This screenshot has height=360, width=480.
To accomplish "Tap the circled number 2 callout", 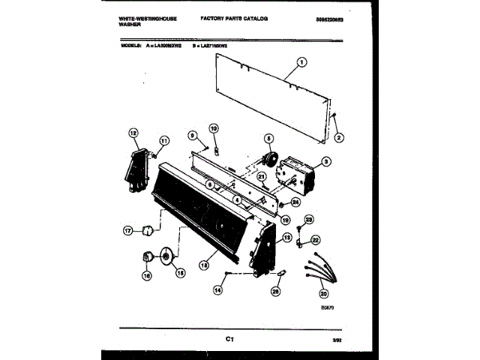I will pyautogui.click(x=338, y=138).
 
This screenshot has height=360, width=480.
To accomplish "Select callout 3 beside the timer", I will pyautogui.click(x=326, y=160).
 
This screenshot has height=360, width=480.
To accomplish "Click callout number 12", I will pyautogui.click(x=134, y=135).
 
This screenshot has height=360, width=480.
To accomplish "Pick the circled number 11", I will pyautogui.click(x=164, y=139).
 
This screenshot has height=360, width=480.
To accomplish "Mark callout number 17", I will pyautogui.click(x=128, y=231).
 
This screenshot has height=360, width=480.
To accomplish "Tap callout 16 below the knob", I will pyautogui.click(x=146, y=276).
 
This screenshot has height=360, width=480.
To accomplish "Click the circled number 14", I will pyautogui.click(x=218, y=289).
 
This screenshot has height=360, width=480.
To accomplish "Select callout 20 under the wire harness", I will pyautogui.click(x=323, y=294).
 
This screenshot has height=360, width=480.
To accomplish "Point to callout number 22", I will pyautogui.click(x=316, y=240).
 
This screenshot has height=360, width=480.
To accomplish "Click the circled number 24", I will pyautogui.click(x=295, y=201).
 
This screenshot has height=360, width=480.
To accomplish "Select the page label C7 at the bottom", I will pyautogui.click(x=230, y=340).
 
